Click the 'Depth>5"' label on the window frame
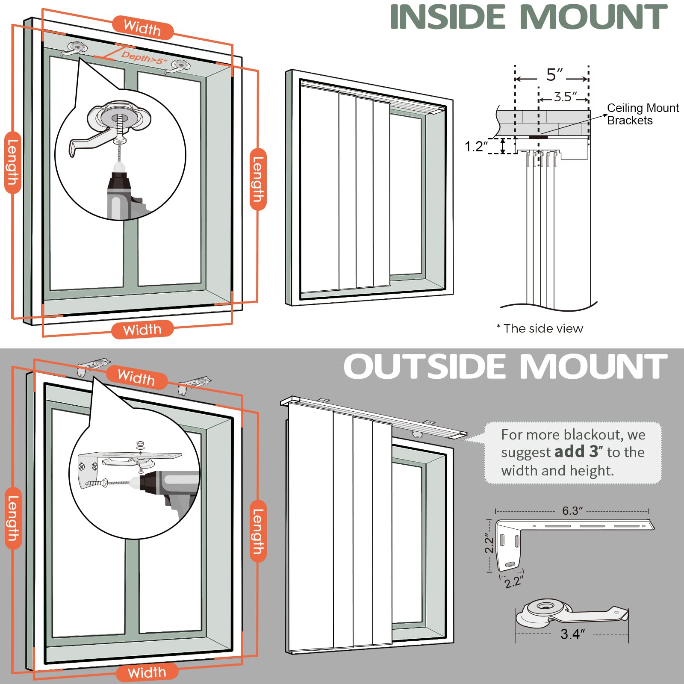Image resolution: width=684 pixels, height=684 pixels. point(144,58)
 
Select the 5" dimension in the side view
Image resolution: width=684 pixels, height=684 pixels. point(554,75)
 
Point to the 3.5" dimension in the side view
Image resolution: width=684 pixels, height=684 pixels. point(566,97)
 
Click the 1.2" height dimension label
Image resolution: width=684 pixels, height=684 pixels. point(476,147)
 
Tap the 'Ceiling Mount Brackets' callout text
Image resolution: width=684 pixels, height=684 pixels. point(642,114)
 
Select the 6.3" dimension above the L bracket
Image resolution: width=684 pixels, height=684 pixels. point(572,511)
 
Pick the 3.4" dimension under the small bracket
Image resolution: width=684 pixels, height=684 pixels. point(572,634)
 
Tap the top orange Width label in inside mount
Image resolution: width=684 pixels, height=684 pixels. point(142,28)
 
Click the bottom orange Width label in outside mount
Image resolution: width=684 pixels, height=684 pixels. point(147,672)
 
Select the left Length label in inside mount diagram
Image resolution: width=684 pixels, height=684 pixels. point(12,162)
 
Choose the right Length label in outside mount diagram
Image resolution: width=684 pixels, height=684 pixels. point(258,531)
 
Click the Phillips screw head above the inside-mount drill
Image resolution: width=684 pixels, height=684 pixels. point(120,141)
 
